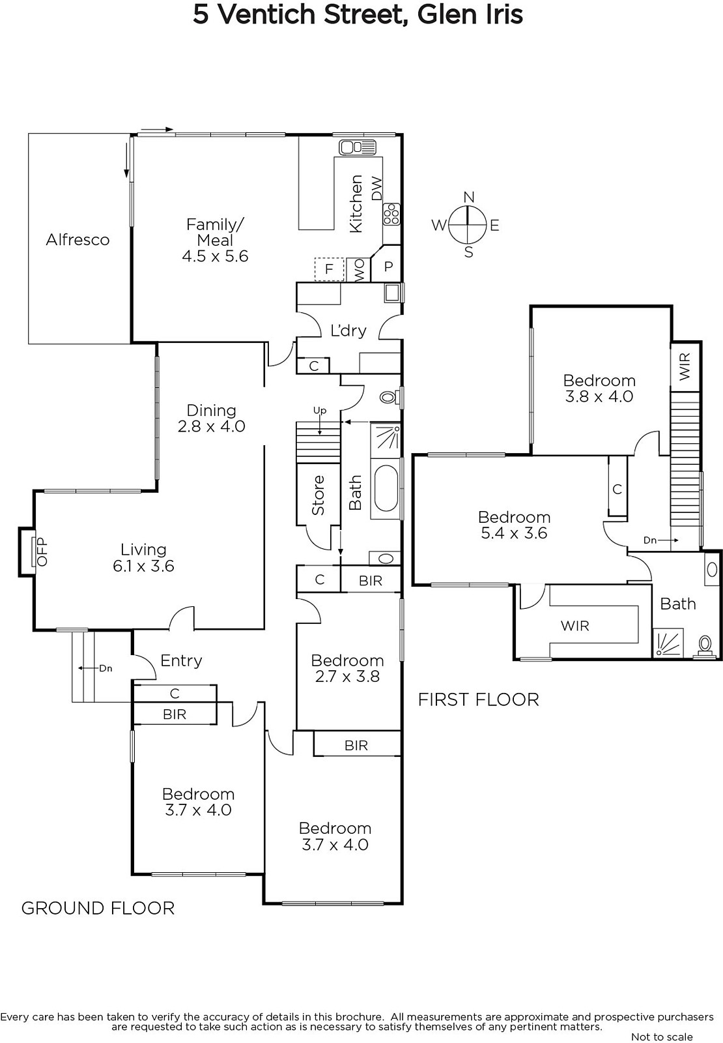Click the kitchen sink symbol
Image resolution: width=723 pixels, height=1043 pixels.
point(357,147)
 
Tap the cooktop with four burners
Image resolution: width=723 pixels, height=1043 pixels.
point(391,214)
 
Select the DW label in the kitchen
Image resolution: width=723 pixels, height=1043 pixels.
point(376,188)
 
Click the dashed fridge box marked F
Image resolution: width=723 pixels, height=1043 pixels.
point(329,269)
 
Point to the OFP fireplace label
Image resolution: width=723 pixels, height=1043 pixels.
point(42,551)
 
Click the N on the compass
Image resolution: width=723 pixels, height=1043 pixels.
point(468,197)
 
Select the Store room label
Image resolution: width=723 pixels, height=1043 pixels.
point(318,495)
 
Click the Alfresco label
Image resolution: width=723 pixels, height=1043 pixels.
point(78,240)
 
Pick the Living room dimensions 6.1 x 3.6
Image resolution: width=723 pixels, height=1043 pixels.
point(143,566)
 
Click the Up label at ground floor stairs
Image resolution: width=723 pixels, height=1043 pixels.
point(320,411)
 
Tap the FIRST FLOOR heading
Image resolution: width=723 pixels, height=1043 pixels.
point(478,699)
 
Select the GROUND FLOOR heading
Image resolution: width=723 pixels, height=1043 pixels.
point(98,908)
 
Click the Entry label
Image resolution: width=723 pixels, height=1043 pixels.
point(181,661)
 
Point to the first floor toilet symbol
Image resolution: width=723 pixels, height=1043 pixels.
point(704,646)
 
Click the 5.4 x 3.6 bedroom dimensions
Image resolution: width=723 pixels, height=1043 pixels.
point(514,533)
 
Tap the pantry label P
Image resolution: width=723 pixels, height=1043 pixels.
point(388,267)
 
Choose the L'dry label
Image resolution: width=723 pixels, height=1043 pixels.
point(348,331)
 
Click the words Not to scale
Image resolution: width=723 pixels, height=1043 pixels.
point(662,1037)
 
